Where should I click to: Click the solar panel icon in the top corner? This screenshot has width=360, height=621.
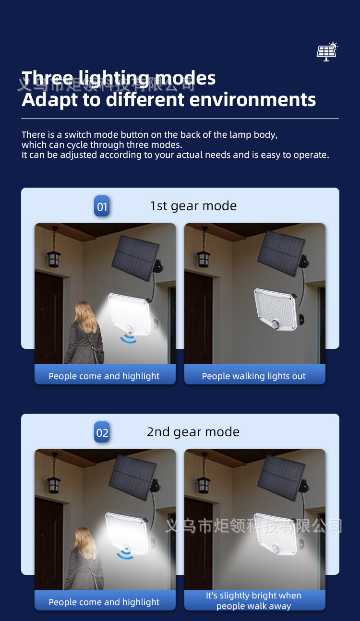pos(327,51)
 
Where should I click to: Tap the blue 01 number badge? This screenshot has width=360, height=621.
pos(102,206)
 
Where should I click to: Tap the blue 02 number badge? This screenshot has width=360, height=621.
pos(102,432)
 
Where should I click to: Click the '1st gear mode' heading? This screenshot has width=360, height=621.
pos(193,206)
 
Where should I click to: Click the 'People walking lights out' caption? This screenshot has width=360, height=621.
pos(254,376)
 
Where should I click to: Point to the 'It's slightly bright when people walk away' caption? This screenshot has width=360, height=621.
pos(254,600)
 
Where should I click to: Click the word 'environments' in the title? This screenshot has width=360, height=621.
pos(252,99)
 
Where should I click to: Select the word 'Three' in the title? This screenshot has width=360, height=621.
pos(47,78)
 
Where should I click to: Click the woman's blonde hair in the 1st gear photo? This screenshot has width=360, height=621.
pos(86,317)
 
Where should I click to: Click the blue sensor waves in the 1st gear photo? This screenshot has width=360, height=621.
pos(128,338)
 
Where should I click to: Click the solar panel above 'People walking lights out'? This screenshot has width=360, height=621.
pos(281,253)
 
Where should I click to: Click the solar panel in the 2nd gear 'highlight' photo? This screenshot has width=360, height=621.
pos(132,478)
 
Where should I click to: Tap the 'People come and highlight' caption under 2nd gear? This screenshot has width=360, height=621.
pos(104,602)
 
